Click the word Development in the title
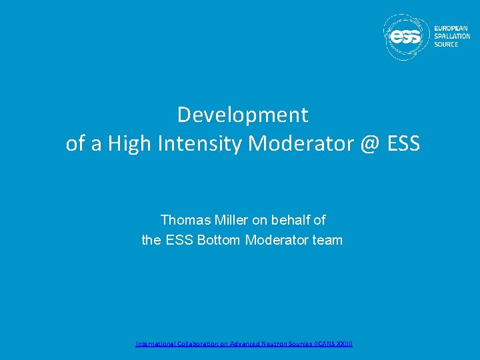[243, 115]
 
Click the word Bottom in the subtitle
[219, 240]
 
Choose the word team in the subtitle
[327, 240]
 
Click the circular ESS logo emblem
[406, 37]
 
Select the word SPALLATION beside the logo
[452, 37]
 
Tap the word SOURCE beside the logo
[446, 45]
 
